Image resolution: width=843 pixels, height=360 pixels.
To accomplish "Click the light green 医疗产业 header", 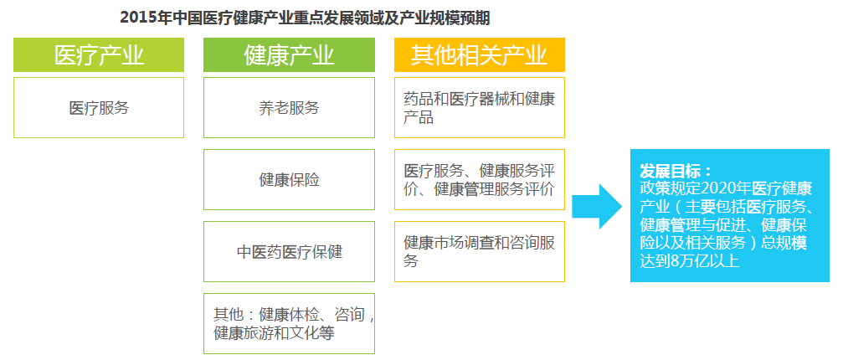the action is pos(99,54).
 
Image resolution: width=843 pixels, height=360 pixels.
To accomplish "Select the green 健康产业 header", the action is pos(290,54).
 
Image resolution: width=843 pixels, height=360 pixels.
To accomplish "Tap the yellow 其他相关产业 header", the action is pos(480,54).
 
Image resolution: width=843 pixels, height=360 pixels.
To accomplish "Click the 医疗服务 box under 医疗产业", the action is pos(99,107).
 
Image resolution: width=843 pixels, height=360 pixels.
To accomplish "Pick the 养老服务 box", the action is pos(290,107).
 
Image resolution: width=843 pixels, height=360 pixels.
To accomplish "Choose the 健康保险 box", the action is pos(290,179).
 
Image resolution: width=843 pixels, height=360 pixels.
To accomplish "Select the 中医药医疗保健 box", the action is pos(290,251).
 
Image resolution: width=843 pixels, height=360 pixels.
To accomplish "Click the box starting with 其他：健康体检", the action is pos(290,323).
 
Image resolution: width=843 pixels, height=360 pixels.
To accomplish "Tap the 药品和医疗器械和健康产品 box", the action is pos(480,107).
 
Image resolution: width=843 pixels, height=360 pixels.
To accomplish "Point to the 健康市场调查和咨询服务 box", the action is pos(480,251).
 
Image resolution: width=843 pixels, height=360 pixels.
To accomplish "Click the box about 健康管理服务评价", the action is pos(480,179).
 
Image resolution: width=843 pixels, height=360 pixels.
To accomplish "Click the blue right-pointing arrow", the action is pos(597,206).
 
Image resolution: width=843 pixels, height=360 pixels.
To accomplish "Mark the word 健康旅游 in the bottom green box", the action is pos(244,333).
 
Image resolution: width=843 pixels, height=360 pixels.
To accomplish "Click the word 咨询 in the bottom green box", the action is pos(349,314).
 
